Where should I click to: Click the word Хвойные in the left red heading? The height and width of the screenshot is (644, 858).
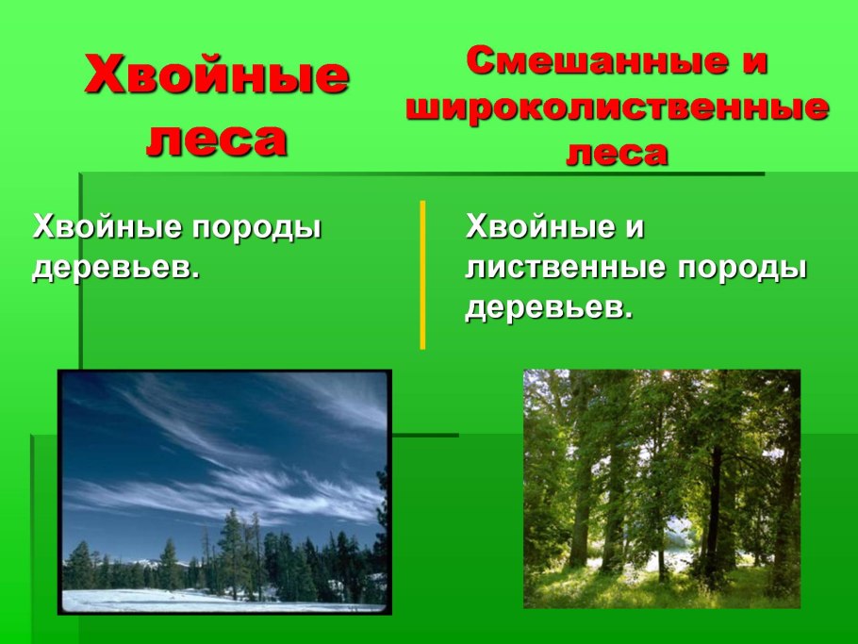pyautogui.click(x=217, y=75)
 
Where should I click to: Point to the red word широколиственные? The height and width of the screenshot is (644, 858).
pyautogui.click(x=618, y=107)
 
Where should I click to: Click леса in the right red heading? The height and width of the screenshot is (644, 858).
pyautogui.click(x=617, y=152)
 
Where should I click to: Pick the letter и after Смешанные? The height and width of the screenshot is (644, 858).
pyautogui.click(x=751, y=62)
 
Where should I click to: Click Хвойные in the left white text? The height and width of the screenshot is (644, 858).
pyautogui.click(x=104, y=228)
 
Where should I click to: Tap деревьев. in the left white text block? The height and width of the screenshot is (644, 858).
pyautogui.click(x=117, y=268)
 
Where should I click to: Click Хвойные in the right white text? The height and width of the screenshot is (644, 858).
pyautogui.click(x=536, y=228)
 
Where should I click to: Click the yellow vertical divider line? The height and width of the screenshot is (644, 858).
pyautogui.click(x=422, y=273)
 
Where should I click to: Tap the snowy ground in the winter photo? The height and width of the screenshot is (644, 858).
pyautogui.click(x=170, y=600)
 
